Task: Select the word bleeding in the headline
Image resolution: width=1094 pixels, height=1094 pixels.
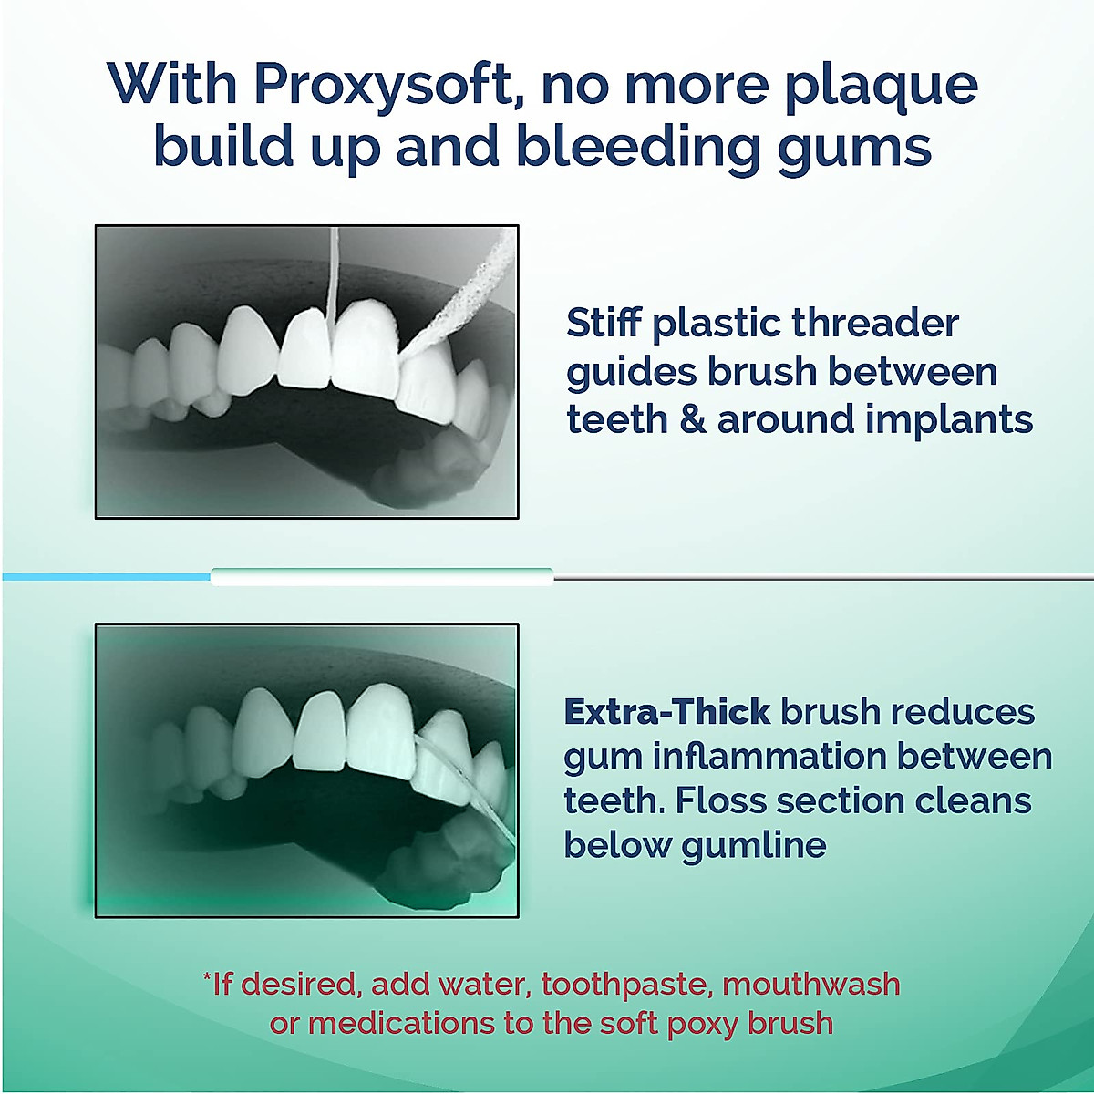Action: click(637, 146)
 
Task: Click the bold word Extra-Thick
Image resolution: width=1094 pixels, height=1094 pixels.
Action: click(667, 711)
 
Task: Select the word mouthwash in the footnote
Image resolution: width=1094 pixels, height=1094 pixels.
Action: click(810, 985)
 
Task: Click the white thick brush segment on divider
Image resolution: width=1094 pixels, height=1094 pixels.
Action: click(382, 576)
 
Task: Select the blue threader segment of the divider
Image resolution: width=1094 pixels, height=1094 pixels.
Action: click(105, 576)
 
